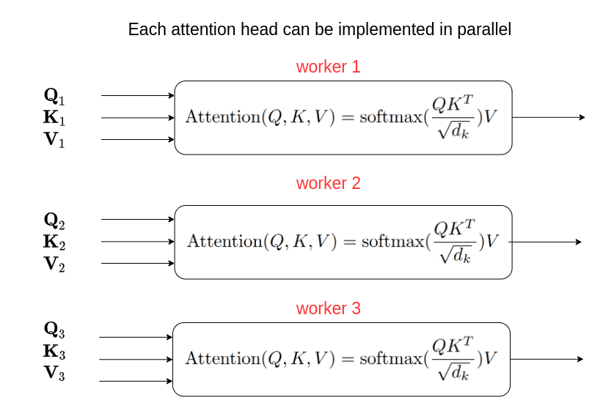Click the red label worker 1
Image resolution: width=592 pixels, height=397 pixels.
point(328,67)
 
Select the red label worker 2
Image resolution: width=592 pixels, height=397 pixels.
point(328,183)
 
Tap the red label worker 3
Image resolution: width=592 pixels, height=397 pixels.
point(328,308)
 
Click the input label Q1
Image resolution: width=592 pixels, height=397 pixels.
point(54,96)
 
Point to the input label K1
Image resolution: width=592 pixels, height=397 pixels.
point(54,118)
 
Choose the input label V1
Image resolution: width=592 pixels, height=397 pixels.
point(54,140)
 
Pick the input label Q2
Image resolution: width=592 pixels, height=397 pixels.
point(54,220)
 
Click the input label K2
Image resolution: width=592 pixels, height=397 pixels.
point(54,242)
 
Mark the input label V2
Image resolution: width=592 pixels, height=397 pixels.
point(54,264)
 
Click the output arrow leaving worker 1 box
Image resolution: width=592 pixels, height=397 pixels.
point(548,117)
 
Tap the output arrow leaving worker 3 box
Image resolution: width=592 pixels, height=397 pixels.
point(547,359)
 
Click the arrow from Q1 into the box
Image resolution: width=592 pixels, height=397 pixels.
point(137,95)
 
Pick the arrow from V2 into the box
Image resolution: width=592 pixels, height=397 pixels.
point(137,264)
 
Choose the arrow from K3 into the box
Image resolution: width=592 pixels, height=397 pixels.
point(136,360)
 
